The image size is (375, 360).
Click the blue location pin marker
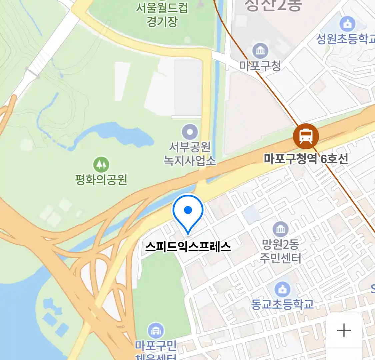coord(188,212)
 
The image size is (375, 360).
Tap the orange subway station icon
coord(306,136)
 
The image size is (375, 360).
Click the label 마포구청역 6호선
coord(306,159)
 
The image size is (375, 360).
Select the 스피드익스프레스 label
coord(188,247)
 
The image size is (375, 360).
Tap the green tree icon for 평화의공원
coord(101,165)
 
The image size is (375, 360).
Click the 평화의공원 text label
coord(101,180)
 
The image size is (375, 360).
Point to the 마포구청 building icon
coord(260,51)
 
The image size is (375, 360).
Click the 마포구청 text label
coord(260,65)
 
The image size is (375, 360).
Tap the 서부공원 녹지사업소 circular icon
coord(190,132)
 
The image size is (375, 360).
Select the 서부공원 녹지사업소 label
coord(190,154)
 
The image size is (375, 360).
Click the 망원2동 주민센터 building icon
coord(281,229)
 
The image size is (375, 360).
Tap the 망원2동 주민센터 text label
coord(281,251)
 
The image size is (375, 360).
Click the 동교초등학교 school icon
coord(282,289)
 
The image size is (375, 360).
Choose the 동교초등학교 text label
coord(282,304)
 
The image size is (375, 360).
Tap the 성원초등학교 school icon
coord(347,24)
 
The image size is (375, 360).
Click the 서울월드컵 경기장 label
coord(162,14)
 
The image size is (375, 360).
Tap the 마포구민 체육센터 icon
coord(155,331)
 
